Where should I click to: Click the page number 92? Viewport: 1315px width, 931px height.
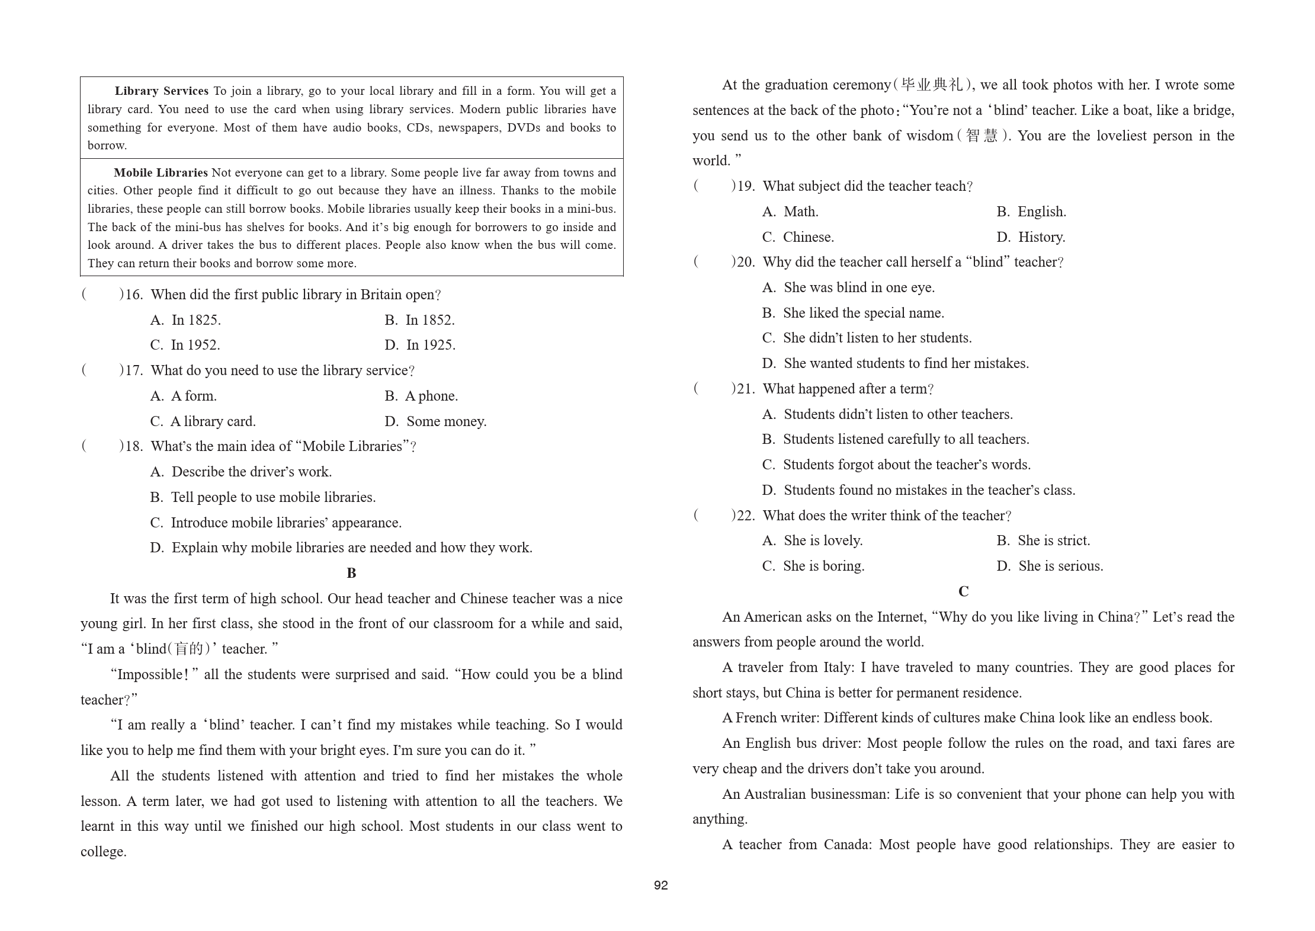[x=660, y=885]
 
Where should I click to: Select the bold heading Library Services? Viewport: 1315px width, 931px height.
[x=161, y=91]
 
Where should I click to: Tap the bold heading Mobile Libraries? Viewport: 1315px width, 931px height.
[x=161, y=173]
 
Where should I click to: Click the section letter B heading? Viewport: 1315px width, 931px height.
[x=351, y=573]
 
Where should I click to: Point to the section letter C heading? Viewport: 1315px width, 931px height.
[x=963, y=591]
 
